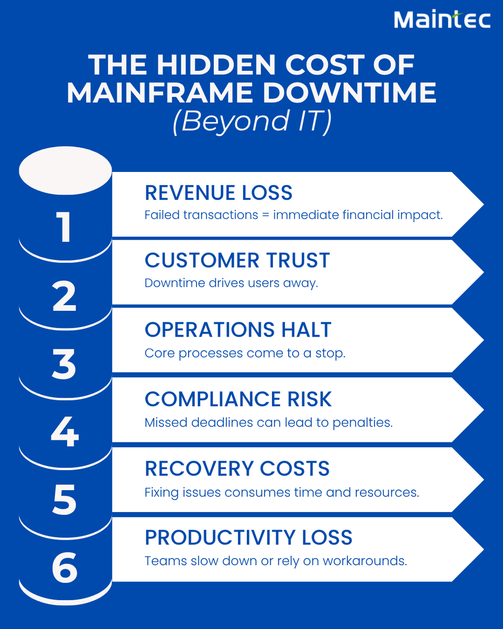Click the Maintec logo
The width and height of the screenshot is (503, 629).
442,20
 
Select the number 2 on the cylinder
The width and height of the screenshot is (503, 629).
65,297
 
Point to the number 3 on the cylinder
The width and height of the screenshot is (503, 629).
65,365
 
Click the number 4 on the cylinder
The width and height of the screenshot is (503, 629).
65,433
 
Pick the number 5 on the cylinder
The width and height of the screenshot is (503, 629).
65,501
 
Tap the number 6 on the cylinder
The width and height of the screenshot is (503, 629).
65,569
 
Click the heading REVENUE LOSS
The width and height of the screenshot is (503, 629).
218,193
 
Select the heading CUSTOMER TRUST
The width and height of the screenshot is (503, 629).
237,261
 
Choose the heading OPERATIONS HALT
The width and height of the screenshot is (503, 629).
238,330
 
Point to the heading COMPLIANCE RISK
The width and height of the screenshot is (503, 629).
238,399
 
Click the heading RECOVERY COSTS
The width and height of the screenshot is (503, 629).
237,468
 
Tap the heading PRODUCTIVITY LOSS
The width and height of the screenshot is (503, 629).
248,538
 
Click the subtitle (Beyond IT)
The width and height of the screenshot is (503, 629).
251,122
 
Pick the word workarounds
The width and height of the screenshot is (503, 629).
365,561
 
